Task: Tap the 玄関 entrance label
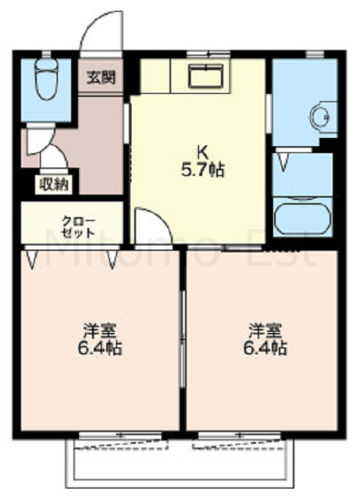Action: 102,77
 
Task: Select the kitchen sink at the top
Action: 206,76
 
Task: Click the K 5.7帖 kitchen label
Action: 203,161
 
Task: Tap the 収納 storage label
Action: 54,184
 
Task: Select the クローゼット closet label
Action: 78,227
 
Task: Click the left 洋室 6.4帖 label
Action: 99,339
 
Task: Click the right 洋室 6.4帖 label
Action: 266,339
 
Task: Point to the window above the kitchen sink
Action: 209,53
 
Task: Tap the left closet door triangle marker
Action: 31,259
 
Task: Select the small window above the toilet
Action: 47,53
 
